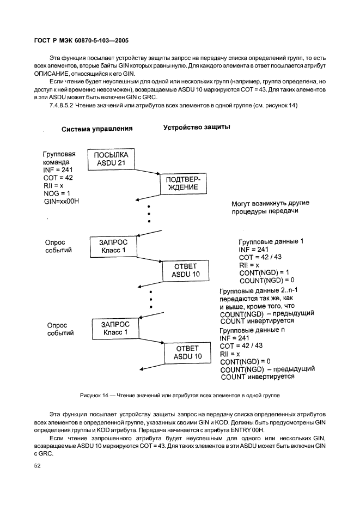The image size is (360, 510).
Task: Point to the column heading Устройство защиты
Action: tap(196, 127)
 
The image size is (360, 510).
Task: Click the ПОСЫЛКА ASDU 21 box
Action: tap(111, 159)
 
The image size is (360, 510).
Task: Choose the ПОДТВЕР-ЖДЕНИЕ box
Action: tap(182, 184)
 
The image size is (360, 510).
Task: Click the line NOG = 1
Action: tap(56, 193)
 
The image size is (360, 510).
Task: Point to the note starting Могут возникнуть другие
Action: tap(267, 208)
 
